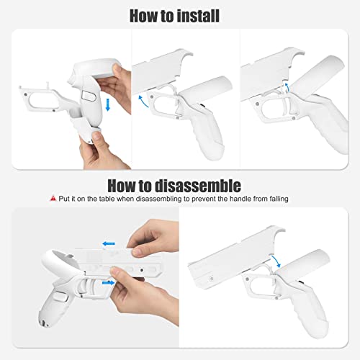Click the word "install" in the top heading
coord(194,16)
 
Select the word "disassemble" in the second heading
coord(198,186)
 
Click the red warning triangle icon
coord(53,199)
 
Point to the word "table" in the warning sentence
coord(107,199)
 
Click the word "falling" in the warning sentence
coord(278,199)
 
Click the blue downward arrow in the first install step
coord(108,104)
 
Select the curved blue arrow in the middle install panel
coord(143,101)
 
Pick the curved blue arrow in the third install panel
coord(287,86)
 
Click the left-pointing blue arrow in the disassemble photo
coord(109,244)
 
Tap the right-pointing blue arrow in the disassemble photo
coord(109,283)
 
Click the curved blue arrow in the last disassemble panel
coord(276,261)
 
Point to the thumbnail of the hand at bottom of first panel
coord(97,136)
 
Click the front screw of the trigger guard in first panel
coord(25,94)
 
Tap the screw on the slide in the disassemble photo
coord(142,271)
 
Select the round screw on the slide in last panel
coord(212,279)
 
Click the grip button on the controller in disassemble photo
coord(60,297)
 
